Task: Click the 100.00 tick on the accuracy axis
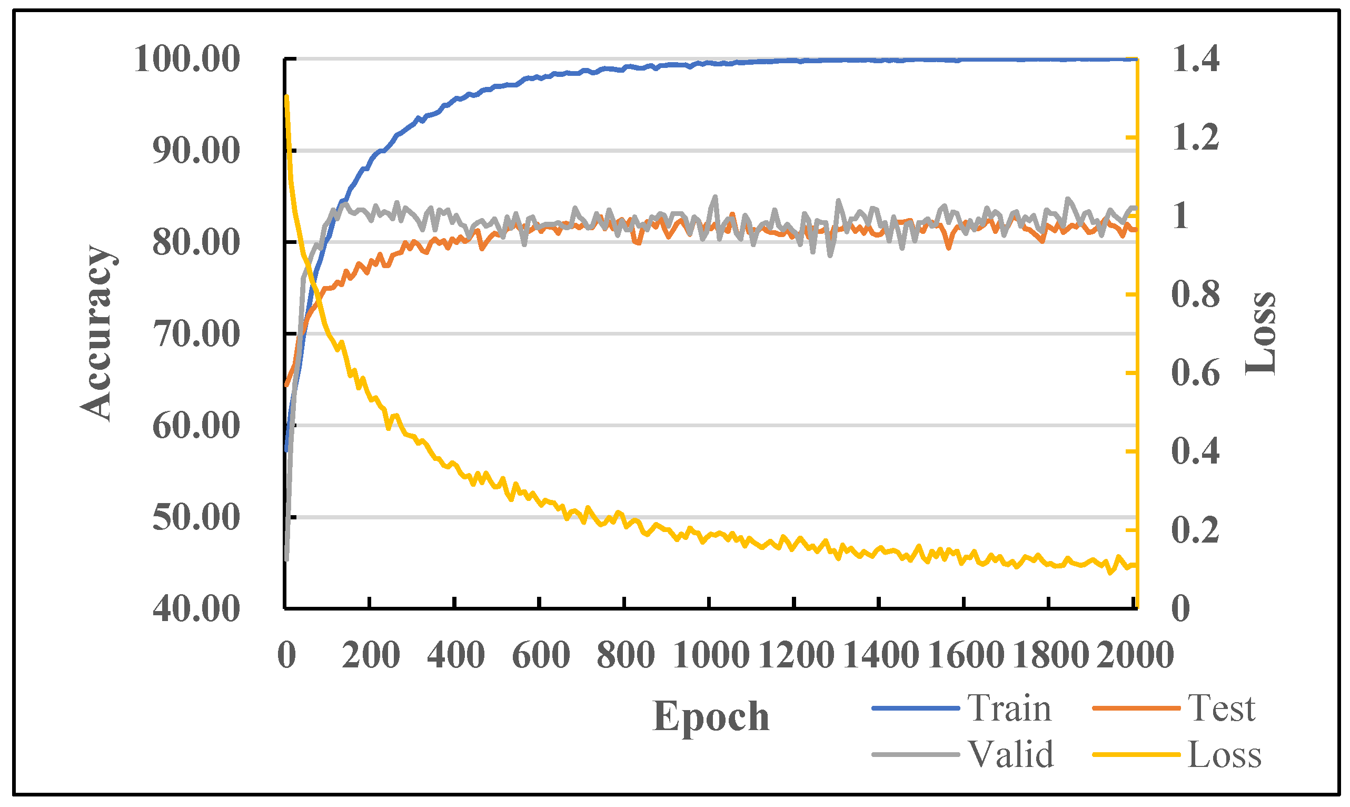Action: pos(186,58)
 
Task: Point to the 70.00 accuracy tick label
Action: pos(196,333)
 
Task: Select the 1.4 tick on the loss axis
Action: pos(1195,58)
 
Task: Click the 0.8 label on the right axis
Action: pos(1195,294)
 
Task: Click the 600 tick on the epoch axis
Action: pos(541,655)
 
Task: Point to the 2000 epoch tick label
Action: pos(1135,655)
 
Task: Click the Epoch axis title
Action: pos(711,717)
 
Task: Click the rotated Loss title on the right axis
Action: pos(1260,333)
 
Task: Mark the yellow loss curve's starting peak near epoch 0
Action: pos(286,97)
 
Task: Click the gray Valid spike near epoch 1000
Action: pos(714,197)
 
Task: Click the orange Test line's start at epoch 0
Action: pos(286,385)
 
